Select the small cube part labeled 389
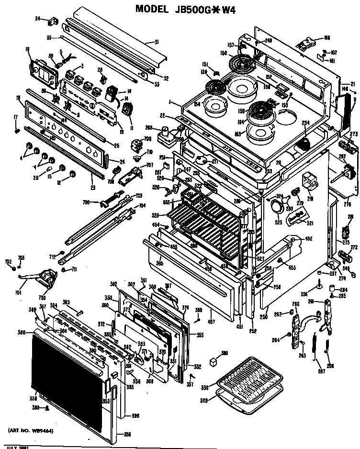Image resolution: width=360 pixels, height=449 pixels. [x=214, y=362]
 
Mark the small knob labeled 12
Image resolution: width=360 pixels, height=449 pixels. [x=72, y=173]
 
